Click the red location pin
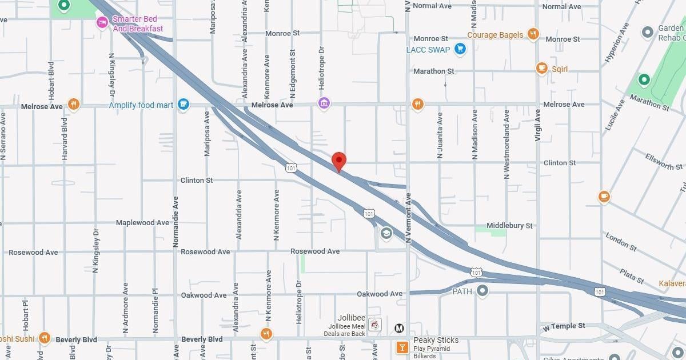click(x=339, y=161)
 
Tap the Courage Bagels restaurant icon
click(x=533, y=34)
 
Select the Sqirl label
click(x=560, y=69)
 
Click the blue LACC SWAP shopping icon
click(x=460, y=49)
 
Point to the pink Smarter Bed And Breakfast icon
click(x=102, y=23)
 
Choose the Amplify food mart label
click(x=141, y=105)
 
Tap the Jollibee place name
click(x=351, y=318)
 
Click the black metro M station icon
click(x=400, y=328)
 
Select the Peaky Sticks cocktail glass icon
click(x=402, y=346)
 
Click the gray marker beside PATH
click(x=482, y=291)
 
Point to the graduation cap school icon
click(x=386, y=233)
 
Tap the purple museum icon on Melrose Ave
click(x=324, y=103)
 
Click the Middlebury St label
click(x=509, y=226)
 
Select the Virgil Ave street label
click(x=538, y=125)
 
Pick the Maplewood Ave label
click(x=142, y=222)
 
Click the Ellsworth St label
click(x=664, y=161)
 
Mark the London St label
click(x=621, y=242)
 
